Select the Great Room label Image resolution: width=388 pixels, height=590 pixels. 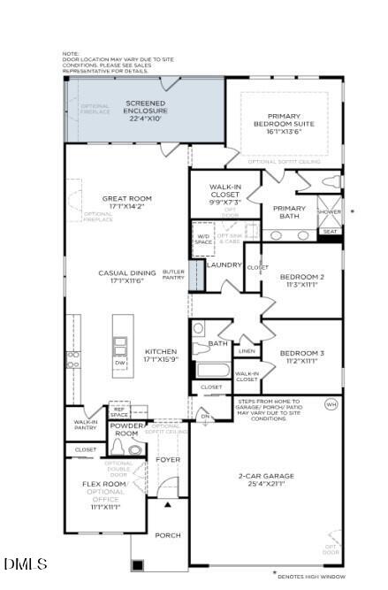(x=126, y=203)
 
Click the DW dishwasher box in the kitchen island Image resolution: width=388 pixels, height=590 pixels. (x=119, y=363)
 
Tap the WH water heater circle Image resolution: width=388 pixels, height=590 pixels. (x=331, y=404)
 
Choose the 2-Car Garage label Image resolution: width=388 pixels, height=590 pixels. (x=265, y=480)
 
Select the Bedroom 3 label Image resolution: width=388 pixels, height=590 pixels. (x=301, y=357)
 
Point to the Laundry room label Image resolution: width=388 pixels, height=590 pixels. (x=224, y=264)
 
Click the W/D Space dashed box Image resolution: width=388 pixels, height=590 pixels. (x=203, y=238)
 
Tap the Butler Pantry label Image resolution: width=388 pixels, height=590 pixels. (x=173, y=275)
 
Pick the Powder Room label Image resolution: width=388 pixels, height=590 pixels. (x=126, y=430)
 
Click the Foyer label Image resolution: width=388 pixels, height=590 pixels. (x=168, y=460)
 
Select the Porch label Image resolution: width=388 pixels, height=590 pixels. (x=168, y=534)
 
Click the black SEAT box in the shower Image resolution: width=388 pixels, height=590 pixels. (x=330, y=232)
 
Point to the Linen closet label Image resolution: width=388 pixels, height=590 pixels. (x=247, y=351)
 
